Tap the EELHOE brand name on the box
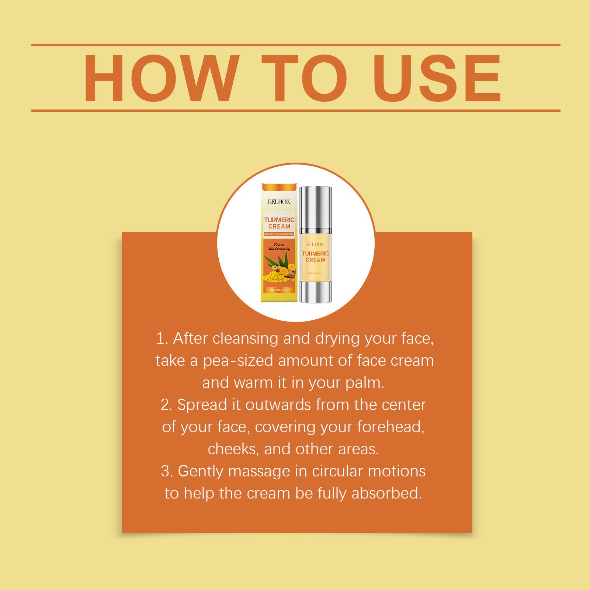point(280,202)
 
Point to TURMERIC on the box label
point(279,220)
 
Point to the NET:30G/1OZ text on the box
point(279,290)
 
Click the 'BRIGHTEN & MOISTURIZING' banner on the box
point(279,235)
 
